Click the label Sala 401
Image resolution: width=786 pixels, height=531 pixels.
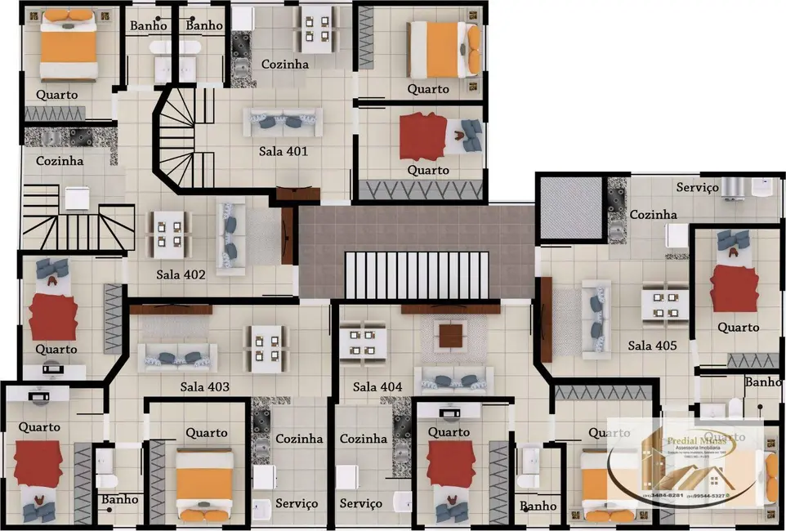pos(284,152)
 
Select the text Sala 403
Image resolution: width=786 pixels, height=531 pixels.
pos(204,386)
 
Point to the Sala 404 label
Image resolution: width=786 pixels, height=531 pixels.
pos(378,386)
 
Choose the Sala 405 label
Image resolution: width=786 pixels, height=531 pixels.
pos(652,345)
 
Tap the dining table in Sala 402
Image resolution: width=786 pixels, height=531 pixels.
pos(169,234)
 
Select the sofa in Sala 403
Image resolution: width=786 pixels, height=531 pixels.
pos(177,356)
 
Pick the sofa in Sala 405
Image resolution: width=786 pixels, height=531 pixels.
pos(596,319)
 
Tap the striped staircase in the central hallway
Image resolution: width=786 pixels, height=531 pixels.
pos(417,274)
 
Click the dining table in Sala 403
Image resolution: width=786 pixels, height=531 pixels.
pos(266,348)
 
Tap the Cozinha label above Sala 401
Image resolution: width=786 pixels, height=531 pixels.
pos(284,64)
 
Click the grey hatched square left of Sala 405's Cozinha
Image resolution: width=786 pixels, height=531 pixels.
pos(570,207)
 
